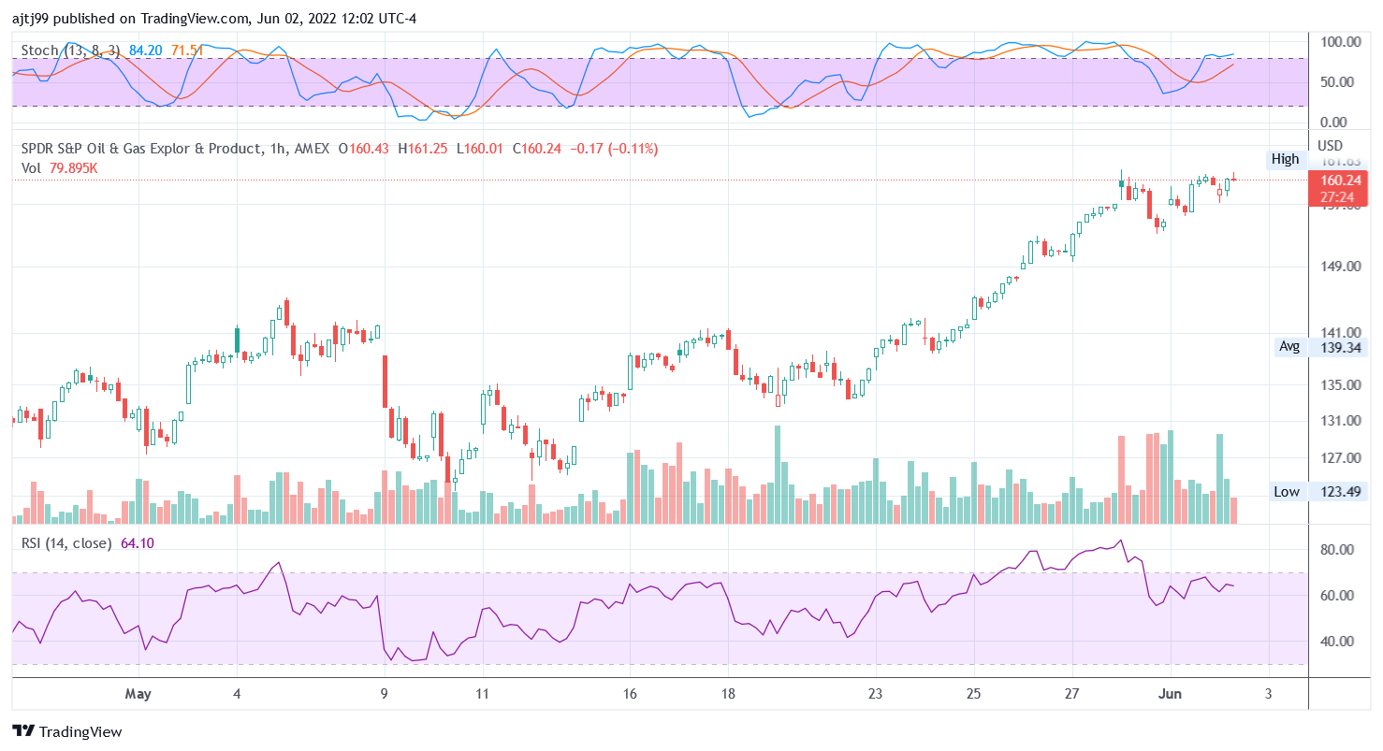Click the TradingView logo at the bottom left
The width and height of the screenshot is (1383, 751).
point(67,731)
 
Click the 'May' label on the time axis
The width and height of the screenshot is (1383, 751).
point(138,695)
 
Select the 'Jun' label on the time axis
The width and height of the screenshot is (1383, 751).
point(1170,695)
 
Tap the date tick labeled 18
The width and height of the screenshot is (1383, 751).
point(728,695)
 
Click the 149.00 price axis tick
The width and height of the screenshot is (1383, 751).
point(1340,267)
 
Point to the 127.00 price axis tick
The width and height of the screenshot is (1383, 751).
point(1340,457)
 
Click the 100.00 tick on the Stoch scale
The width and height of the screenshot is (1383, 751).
point(1340,42)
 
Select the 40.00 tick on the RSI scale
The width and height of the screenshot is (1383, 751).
point(1338,641)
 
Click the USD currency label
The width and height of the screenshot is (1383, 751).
point(1330,145)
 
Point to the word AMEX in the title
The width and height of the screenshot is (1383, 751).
point(313,149)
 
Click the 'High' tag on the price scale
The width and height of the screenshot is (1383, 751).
point(1285,159)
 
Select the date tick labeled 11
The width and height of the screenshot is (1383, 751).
point(481,695)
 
